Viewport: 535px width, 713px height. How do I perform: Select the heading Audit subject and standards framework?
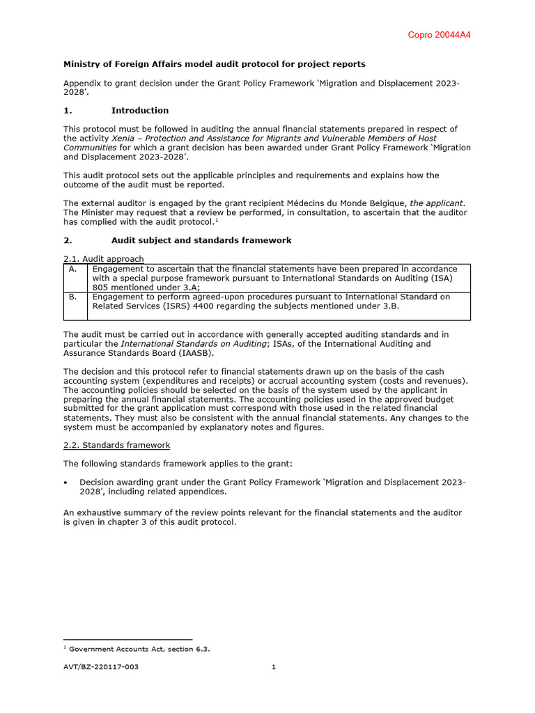[201, 240]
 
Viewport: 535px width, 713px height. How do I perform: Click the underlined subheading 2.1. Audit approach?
[104, 259]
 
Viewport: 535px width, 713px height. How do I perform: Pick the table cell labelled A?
[73, 269]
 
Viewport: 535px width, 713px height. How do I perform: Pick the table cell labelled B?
[73, 297]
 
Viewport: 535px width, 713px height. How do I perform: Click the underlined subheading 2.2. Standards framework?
[116, 444]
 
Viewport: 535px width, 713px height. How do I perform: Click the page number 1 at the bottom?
[274, 667]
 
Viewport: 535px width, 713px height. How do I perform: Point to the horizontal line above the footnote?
[127, 639]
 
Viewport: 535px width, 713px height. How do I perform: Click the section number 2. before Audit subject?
[68, 240]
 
